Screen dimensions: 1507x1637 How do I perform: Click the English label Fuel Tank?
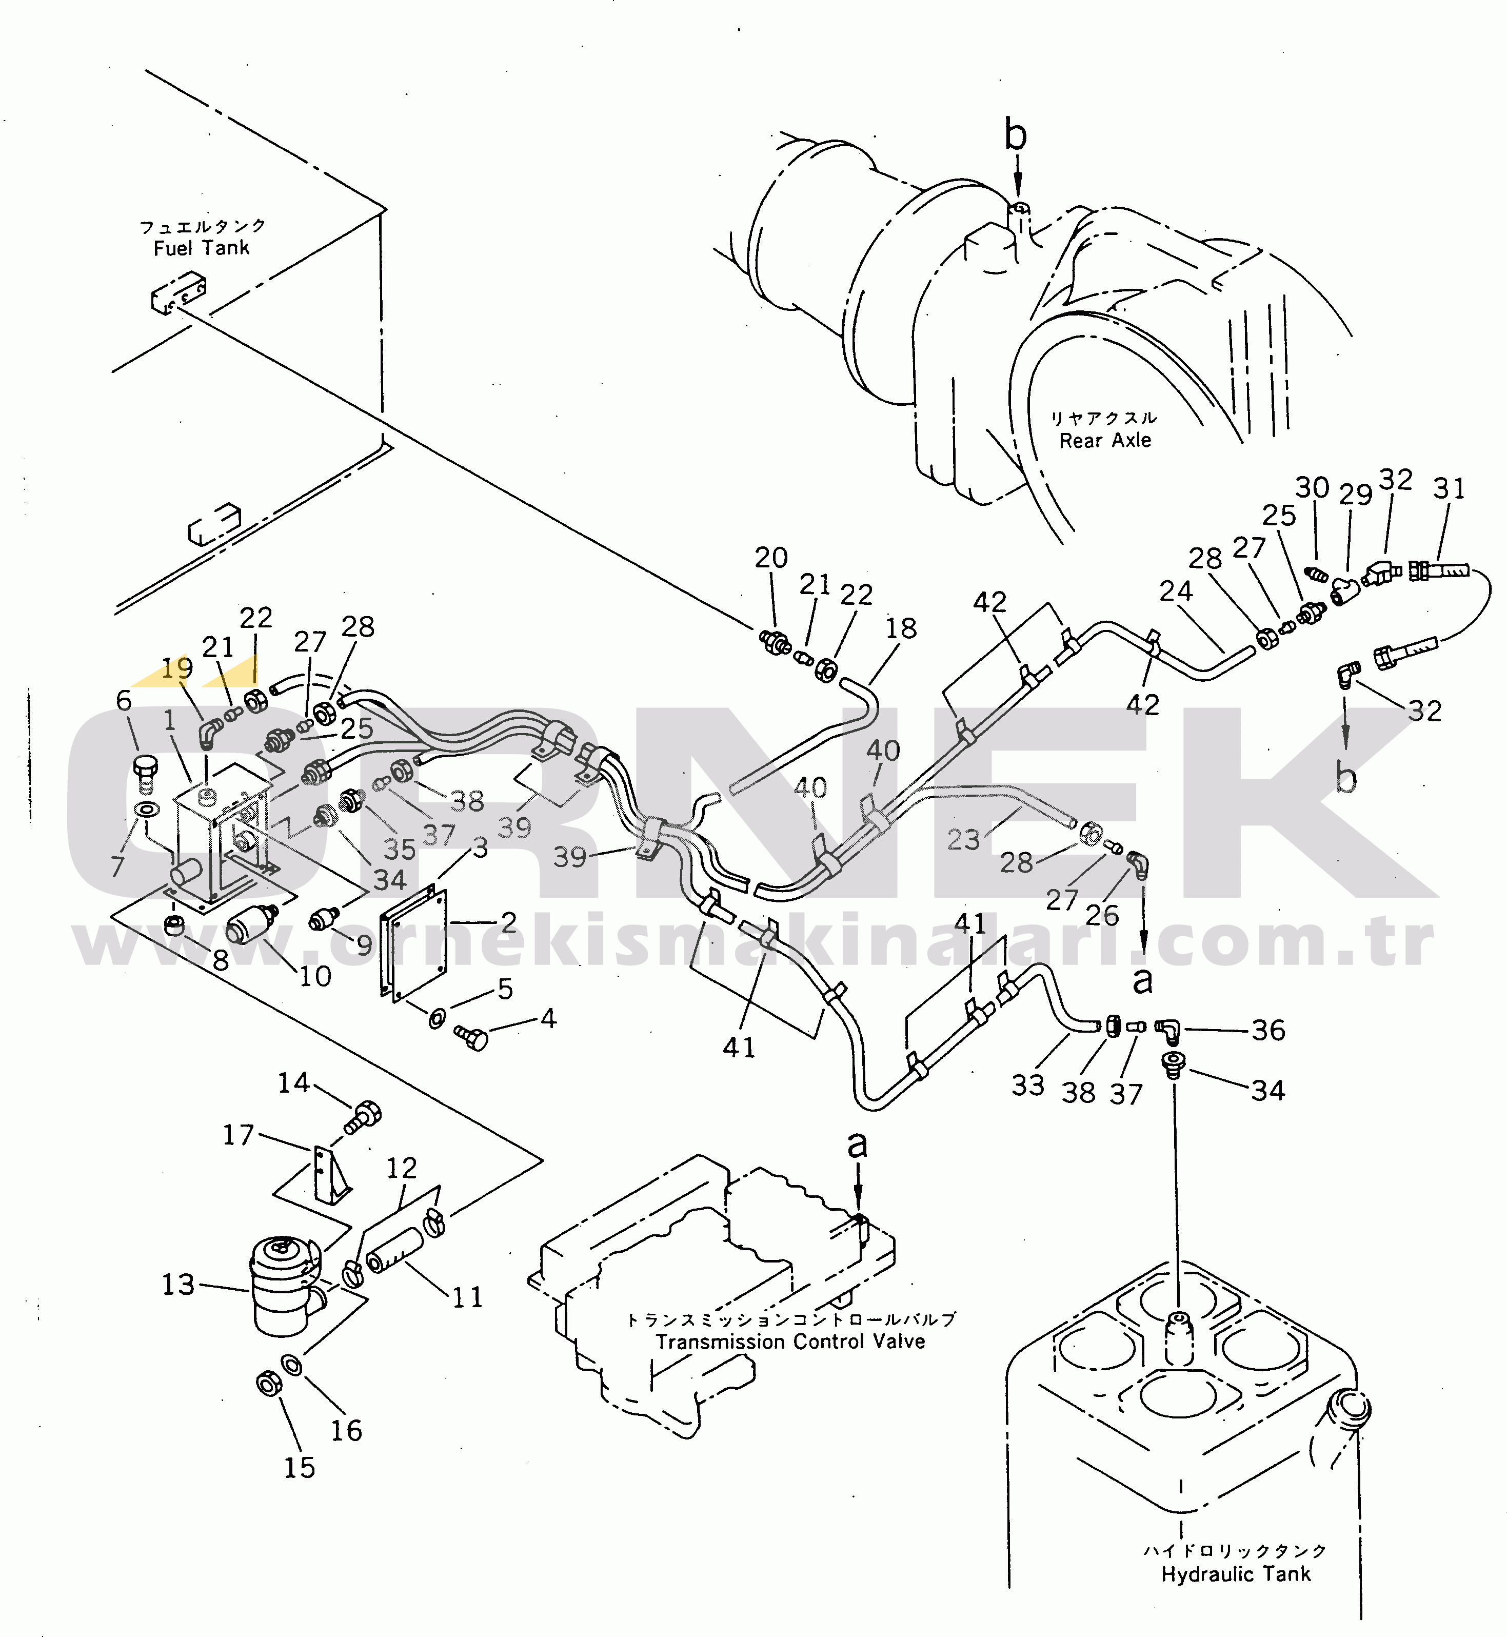202,248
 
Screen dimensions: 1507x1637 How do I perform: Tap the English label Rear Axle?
1105,441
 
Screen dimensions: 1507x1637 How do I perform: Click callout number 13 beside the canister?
179,1285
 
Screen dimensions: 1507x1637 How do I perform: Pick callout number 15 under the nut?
299,1467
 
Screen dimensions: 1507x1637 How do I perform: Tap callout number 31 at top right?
1449,488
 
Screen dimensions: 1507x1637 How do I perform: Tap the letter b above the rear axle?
1015,135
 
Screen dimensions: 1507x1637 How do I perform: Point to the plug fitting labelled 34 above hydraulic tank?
1173,1064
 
